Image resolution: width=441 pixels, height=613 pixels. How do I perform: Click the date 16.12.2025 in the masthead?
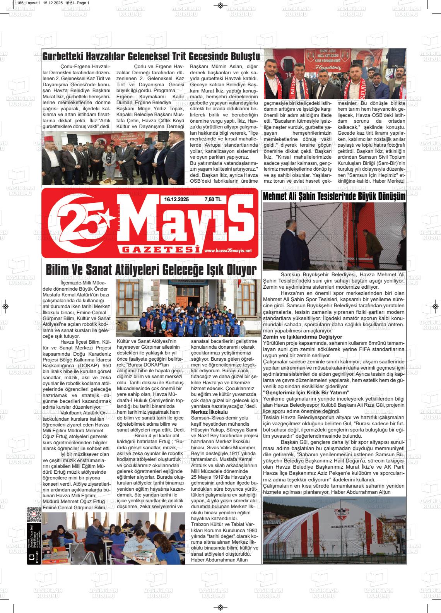[176, 200]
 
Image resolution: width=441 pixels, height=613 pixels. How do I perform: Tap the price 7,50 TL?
[212, 200]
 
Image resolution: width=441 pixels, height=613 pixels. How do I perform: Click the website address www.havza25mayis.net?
[227, 251]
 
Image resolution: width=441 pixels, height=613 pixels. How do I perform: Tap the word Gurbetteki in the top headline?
[62, 57]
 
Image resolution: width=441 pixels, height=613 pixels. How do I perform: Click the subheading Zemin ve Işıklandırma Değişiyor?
[302, 337]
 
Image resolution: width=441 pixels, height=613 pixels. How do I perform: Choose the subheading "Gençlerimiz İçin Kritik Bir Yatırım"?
[306, 392]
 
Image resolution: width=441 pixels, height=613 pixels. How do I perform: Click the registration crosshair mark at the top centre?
[220, 5]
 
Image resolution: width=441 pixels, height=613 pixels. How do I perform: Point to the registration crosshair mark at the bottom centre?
[220, 607]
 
